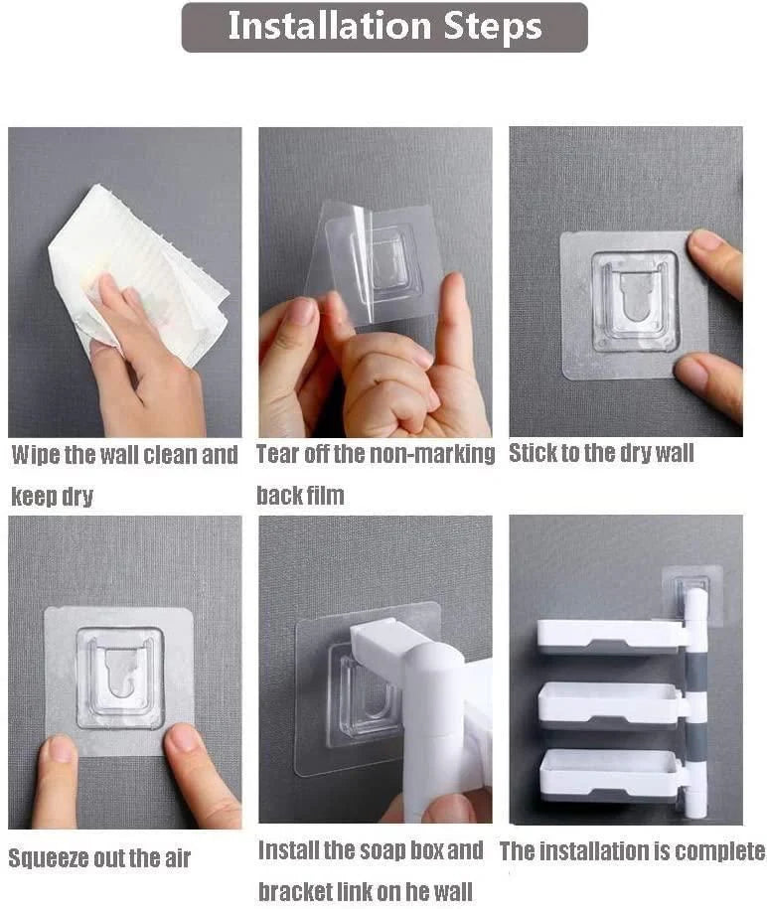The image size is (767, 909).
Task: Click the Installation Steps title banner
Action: click(383, 27)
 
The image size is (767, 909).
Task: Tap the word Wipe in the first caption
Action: click(37, 456)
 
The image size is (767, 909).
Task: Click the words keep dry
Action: click(52, 497)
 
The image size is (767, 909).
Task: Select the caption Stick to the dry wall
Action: click(601, 454)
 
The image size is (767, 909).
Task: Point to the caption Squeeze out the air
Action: click(99, 857)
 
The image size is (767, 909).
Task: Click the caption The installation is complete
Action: click(632, 851)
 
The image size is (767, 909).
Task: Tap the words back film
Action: click(300, 495)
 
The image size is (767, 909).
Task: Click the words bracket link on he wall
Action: click(366, 891)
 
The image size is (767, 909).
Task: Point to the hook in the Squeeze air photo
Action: click(119, 675)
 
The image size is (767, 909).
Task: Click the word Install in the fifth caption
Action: click(290, 851)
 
